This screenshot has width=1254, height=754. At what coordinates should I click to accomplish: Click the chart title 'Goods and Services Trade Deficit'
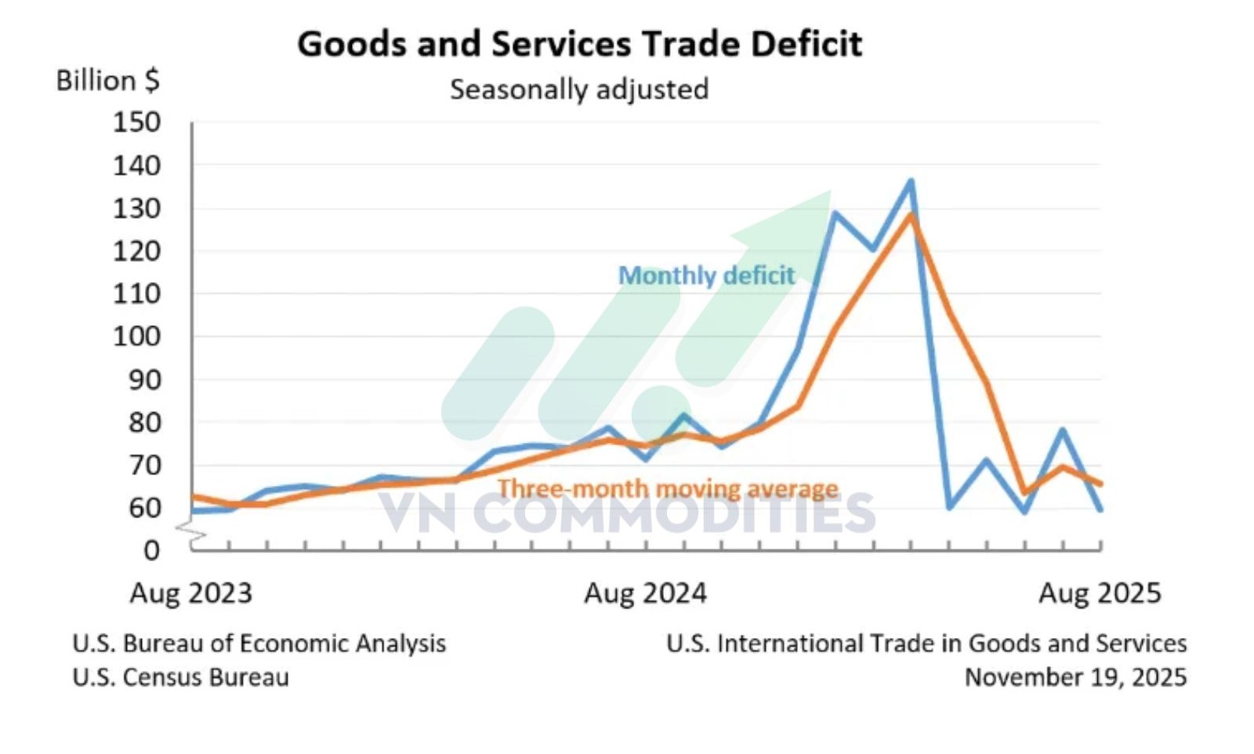(x=579, y=44)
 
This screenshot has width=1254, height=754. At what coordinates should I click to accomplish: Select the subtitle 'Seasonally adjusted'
(x=579, y=89)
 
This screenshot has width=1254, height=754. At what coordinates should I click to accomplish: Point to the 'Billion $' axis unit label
(x=108, y=81)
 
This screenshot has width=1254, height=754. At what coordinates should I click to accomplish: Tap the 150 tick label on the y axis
(x=137, y=122)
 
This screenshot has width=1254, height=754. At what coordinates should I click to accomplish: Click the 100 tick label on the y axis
(x=137, y=336)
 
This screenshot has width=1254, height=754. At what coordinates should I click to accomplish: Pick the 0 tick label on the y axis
(x=152, y=551)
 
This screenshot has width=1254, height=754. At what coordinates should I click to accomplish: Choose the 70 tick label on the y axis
(x=144, y=465)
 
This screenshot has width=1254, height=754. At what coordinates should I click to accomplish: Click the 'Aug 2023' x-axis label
(x=191, y=593)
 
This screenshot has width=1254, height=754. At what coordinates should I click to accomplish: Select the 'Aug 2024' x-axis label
(x=646, y=593)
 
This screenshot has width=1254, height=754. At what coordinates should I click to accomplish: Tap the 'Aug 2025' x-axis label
(x=1100, y=593)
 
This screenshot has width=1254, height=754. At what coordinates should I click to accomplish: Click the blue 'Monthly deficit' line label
(x=706, y=275)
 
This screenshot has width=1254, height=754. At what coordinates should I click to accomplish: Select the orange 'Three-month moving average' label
(x=668, y=488)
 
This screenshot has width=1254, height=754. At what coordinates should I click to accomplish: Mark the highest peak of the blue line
(x=911, y=181)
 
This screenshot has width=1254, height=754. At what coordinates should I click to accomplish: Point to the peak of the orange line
(x=912, y=216)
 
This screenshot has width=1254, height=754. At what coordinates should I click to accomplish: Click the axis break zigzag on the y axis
(x=190, y=532)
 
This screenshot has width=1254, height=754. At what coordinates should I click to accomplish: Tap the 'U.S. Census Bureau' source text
(x=181, y=677)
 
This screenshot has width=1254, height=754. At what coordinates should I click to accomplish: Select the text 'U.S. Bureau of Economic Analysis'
(x=259, y=643)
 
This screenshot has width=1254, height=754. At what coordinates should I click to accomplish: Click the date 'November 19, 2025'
(x=1075, y=677)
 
